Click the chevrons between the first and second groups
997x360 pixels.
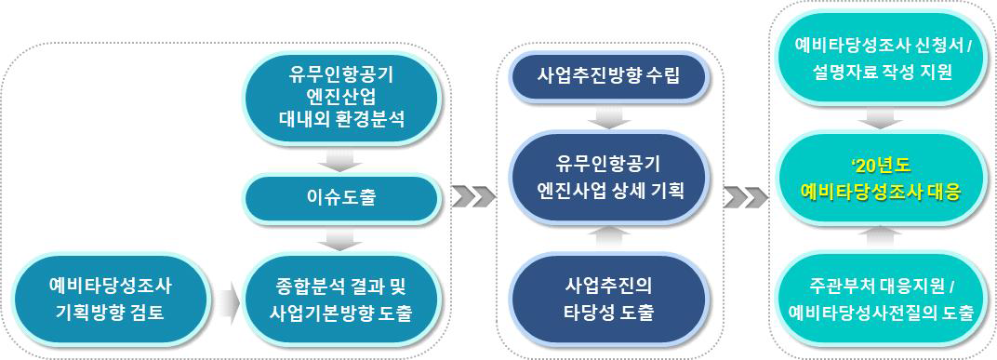point(472,197)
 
